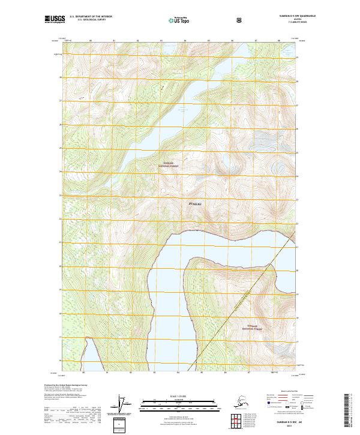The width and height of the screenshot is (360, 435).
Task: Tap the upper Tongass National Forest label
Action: [x=169, y=164]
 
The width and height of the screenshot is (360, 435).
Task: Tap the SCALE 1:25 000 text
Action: [x=179, y=397]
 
